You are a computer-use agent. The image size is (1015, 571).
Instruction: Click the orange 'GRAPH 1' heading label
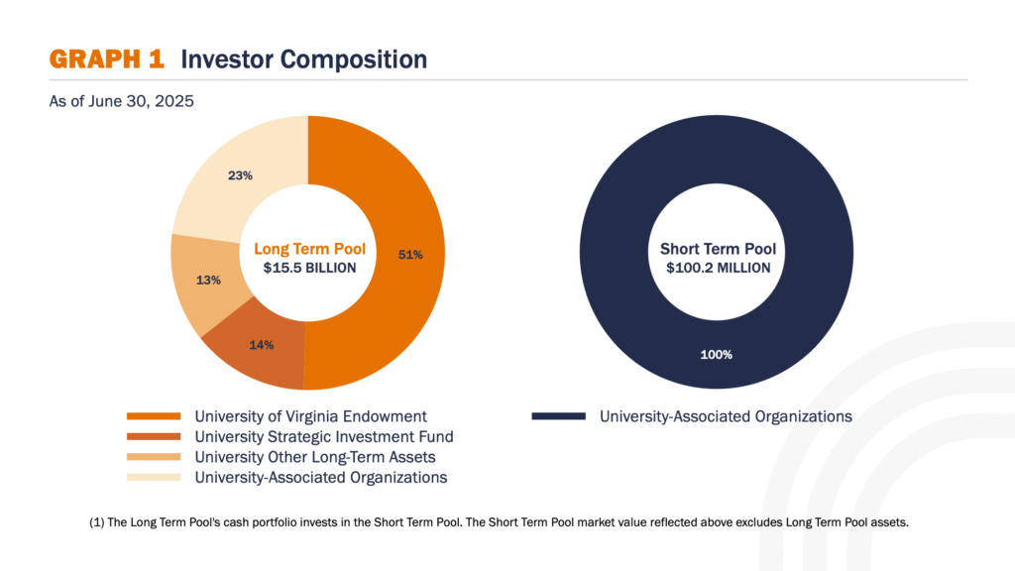click(107, 59)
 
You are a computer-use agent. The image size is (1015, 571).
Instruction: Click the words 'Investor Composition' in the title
click(303, 59)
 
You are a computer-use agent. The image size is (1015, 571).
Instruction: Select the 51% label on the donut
click(410, 255)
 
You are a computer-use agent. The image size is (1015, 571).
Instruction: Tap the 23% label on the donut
click(240, 175)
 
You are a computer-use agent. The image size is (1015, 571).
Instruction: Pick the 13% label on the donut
click(208, 280)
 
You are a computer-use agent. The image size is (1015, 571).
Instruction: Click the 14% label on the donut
click(262, 345)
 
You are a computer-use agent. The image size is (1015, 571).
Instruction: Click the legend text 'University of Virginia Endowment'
click(311, 416)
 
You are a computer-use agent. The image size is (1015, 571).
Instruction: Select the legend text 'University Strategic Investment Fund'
click(324, 436)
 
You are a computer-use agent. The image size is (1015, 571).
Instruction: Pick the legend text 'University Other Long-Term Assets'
click(315, 457)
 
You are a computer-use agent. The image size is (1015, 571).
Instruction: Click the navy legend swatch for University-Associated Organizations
click(558, 416)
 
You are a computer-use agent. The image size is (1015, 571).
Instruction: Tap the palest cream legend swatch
click(154, 478)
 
